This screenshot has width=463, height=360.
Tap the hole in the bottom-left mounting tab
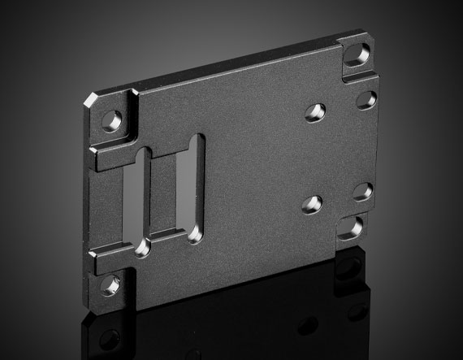point(110,284)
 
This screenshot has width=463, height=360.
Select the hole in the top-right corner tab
point(353,56)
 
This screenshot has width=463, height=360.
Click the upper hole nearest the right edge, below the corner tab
point(366,99)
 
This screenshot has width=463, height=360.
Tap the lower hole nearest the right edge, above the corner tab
point(362,192)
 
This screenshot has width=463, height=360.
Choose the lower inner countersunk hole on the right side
point(313,203)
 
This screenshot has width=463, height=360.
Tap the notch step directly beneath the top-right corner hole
point(357,77)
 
